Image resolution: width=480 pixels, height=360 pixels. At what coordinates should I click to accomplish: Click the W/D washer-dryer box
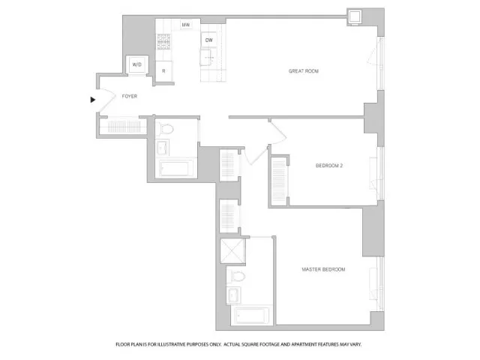(137, 65)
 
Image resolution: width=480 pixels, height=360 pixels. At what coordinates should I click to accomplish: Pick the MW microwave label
(185, 26)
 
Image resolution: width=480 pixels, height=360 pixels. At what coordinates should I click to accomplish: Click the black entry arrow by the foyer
(93, 99)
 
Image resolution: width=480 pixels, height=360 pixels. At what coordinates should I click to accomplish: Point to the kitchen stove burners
(164, 43)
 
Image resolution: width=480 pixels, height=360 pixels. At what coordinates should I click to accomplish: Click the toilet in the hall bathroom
(167, 128)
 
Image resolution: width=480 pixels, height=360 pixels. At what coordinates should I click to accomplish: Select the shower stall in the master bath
(229, 250)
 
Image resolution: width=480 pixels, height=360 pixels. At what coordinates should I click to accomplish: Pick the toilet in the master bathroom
(237, 274)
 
